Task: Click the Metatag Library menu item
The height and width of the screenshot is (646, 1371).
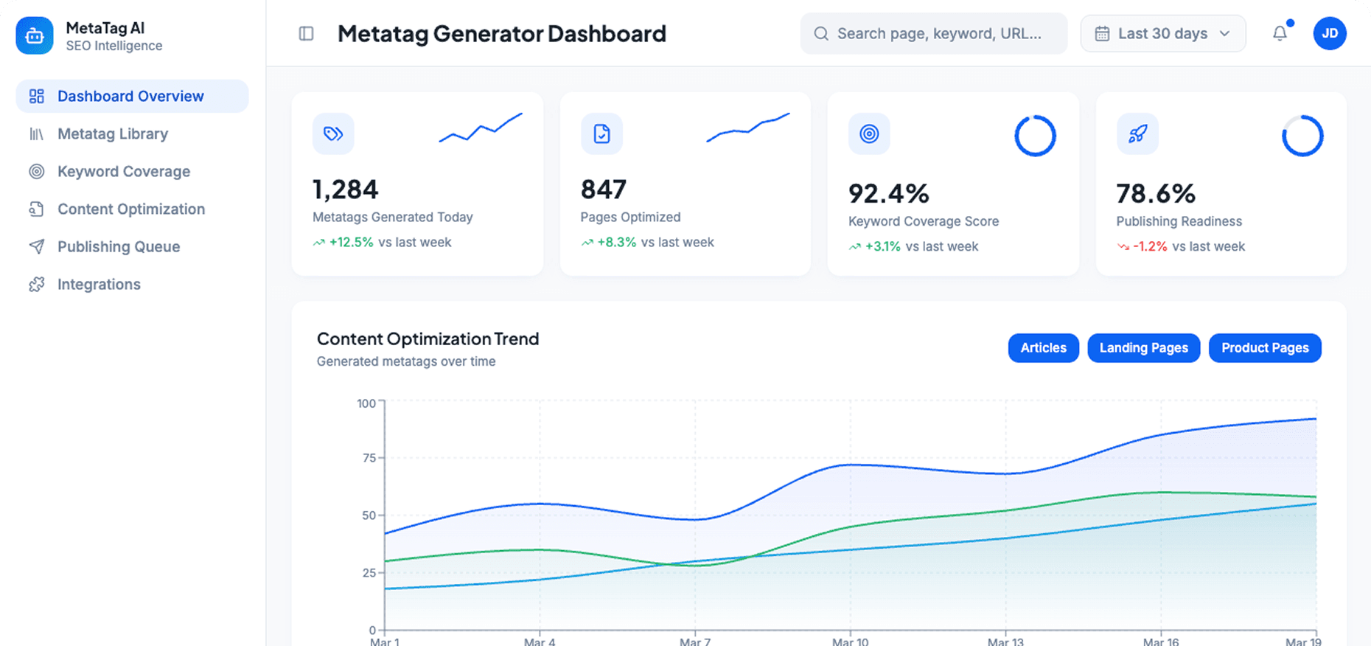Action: [x=112, y=134]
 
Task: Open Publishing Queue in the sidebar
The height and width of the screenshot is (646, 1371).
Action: [x=118, y=247]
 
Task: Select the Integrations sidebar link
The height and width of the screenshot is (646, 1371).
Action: [x=99, y=285]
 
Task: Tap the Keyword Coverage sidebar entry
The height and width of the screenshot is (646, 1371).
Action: [x=123, y=172]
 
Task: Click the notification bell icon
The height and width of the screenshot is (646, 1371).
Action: [x=1280, y=34]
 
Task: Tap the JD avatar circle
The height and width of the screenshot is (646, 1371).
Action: [x=1329, y=34]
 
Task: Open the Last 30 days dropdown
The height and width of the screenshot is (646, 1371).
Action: [x=1162, y=34]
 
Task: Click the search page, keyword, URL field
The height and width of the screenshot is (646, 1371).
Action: [x=938, y=34]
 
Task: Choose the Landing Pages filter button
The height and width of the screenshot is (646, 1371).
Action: [x=1143, y=348]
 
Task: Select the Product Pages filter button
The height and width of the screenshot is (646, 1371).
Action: [x=1264, y=348]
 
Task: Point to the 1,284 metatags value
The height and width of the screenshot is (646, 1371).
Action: [x=345, y=190]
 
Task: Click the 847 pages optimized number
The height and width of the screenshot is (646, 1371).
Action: [x=603, y=190]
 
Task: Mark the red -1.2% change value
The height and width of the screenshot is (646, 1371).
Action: [x=1150, y=247]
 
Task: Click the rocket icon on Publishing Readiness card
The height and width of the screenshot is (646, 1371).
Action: [x=1137, y=134]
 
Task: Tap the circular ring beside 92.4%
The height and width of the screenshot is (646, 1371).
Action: [x=1035, y=136]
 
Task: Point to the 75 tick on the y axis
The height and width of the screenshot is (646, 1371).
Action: [x=369, y=458]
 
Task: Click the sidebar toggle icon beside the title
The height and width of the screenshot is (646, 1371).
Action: [x=306, y=34]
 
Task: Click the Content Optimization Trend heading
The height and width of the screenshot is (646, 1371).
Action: [x=428, y=339]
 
